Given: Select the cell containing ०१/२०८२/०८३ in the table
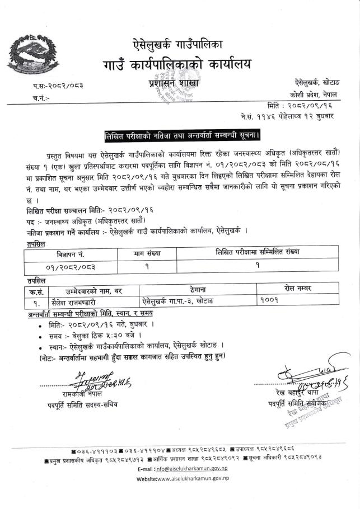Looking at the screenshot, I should [x=71, y=266].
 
